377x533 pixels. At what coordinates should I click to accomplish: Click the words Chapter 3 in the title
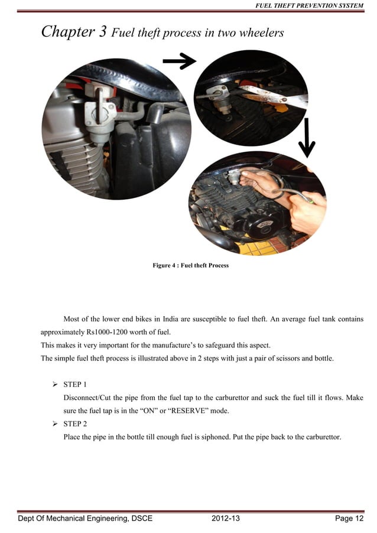click(x=73, y=32)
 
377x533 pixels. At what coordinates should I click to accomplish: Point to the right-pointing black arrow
click(x=179, y=60)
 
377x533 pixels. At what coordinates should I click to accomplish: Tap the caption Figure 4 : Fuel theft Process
click(x=190, y=265)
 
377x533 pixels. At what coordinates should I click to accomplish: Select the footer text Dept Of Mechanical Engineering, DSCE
click(x=85, y=519)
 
